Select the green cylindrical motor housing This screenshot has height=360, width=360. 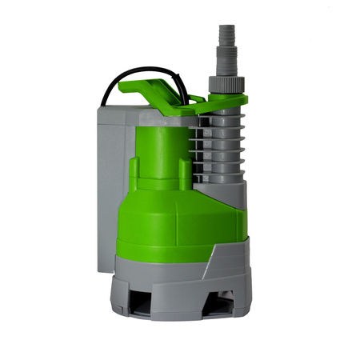pyautogui.click(x=160, y=152)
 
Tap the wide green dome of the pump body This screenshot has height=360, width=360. pyautogui.click(x=172, y=216)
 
